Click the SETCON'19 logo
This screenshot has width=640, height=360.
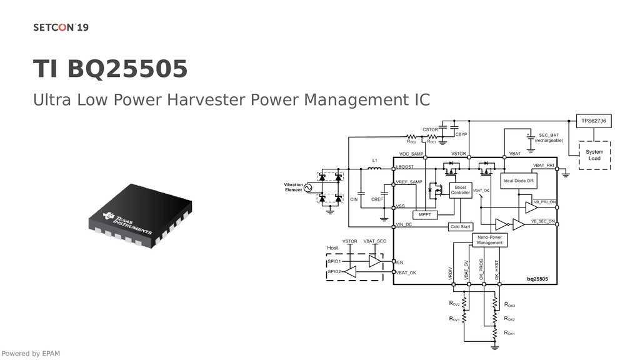[x=61, y=27]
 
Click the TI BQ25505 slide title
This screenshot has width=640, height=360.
[x=110, y=69]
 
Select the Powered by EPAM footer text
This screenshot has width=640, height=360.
[x=31, y=354]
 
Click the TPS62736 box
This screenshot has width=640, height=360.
[x=593, y=121]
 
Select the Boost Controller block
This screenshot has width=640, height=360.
[x=460, y=190]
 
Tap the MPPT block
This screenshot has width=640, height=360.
[x=425, y=214]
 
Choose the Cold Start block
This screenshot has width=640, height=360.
[x=461, y=226]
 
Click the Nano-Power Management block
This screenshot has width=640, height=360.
[x=489, y=240]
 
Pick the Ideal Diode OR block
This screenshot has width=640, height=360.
[x=519, y=181]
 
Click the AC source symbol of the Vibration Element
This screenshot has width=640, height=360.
[x=307, y=187]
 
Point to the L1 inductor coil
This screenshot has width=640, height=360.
[x=375, y=169]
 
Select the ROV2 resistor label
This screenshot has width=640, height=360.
[x=454, y=304]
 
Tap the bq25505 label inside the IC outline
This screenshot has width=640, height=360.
[x=536, y=277]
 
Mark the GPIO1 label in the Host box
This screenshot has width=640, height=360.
[x=334, y=261]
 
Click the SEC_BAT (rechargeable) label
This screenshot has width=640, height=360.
[x=549, y=137]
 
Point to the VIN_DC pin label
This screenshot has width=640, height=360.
[x=404, y=224]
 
